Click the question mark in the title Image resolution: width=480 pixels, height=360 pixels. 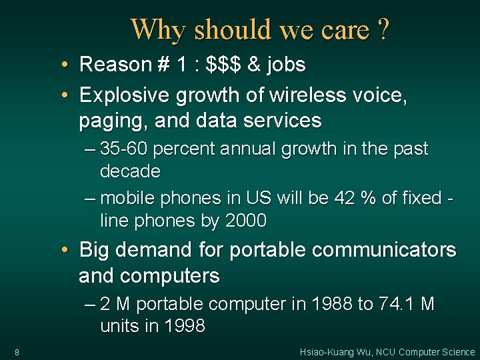tap(383, 30)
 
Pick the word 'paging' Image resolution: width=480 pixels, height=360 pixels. tap(106, 122)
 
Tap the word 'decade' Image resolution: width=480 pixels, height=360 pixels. tap(130, 171)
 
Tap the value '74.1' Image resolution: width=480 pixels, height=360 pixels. tap(397, 304)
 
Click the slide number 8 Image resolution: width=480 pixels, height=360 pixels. tap(16, 352)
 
